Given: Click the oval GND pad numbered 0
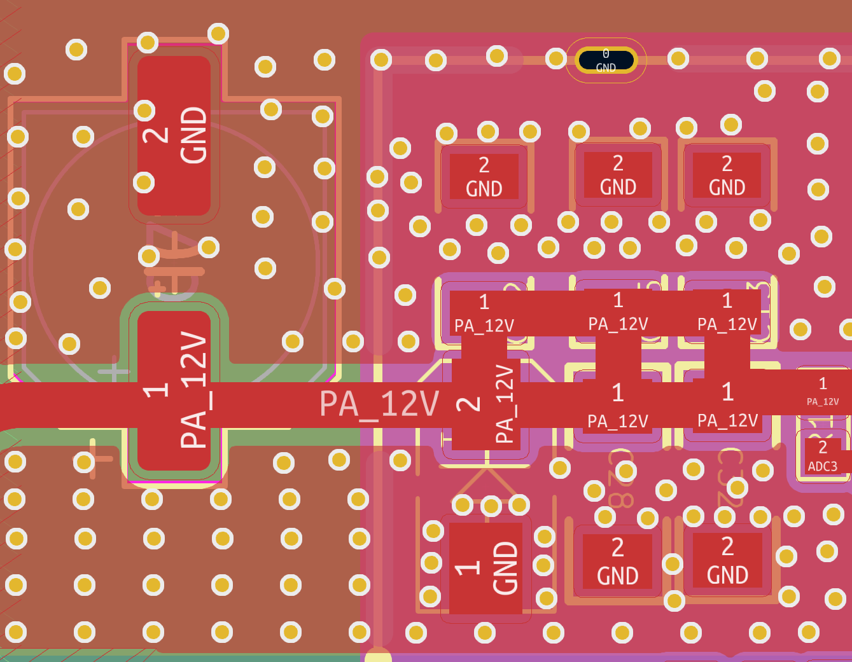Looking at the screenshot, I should tap(605, 60).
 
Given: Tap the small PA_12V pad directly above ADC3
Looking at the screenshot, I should tap(823, 391).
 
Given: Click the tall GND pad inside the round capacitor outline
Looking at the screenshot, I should tap(174, 135).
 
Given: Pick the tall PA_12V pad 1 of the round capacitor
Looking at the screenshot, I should tap(174, 390).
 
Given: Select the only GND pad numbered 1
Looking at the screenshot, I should tap(486, 568).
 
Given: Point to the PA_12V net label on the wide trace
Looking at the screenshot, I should tap(379, 404).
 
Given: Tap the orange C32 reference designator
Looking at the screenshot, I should tap(730, 477).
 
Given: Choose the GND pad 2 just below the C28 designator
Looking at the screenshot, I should tap(617, 562).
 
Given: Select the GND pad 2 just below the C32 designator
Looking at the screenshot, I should tap(727, 560).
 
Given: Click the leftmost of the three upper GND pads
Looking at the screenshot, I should tap(484, 176).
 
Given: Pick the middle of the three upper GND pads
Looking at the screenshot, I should tap(618, 175).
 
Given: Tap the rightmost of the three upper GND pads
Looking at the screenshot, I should tap(727, 175).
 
